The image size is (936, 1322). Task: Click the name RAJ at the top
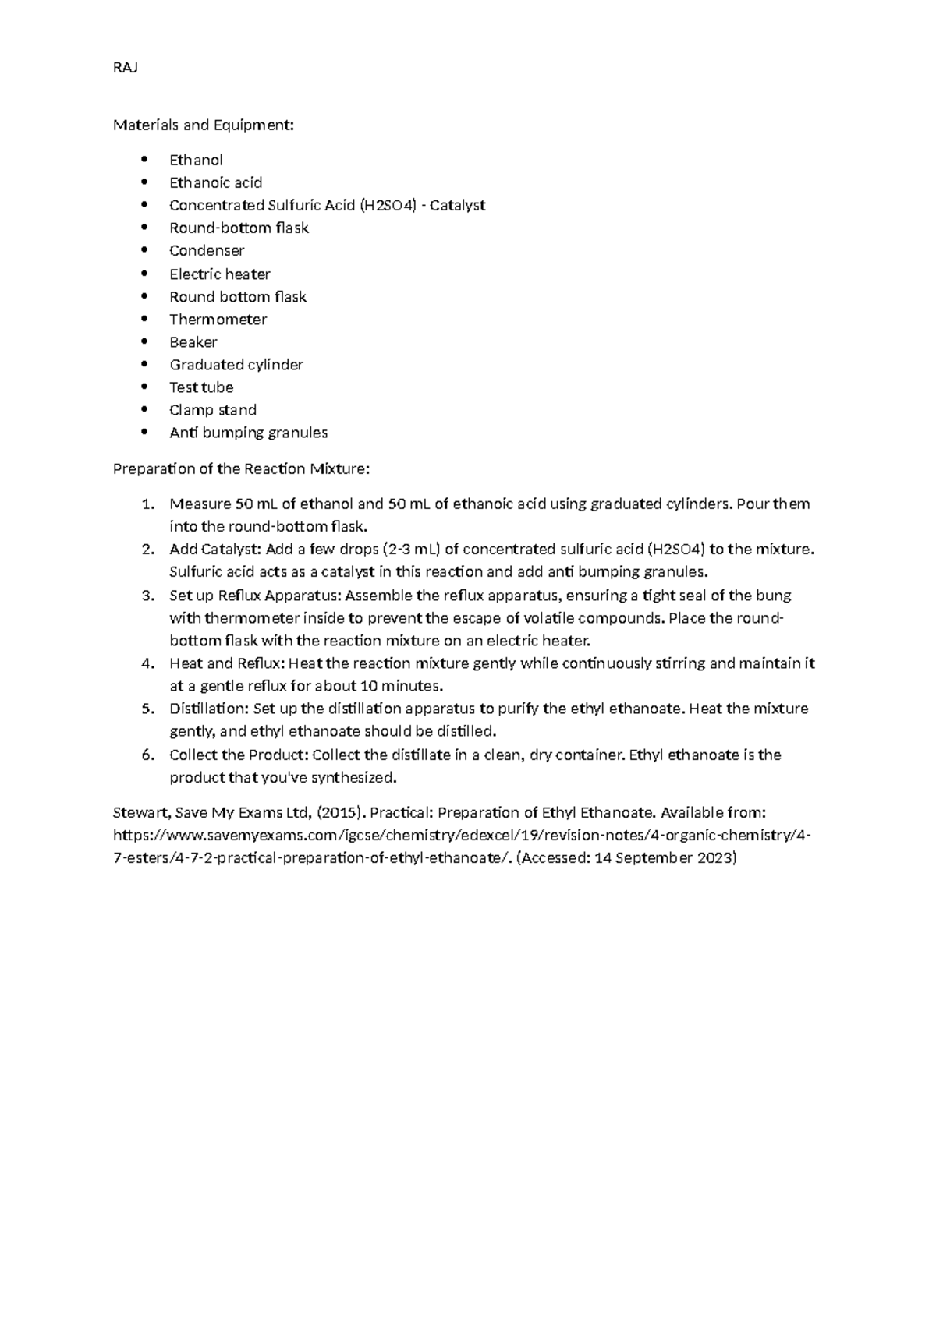(x=125, y=68)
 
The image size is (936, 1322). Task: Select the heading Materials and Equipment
(x=204, y=125)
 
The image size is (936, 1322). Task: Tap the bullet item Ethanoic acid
(x=215, y=182)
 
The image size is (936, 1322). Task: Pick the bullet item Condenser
(x=207, y=250)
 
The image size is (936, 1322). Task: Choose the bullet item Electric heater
(x=219, y=274)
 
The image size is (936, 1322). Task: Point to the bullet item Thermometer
(x=218, y=320)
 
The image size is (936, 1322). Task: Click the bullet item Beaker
(x=193, y=342)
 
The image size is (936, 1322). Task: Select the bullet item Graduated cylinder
(x=236, y=365)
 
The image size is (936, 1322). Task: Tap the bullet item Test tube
(x=200, y=387)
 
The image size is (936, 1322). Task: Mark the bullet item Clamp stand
(x=212, y=410)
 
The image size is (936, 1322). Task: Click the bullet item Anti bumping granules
(x=248, y=433)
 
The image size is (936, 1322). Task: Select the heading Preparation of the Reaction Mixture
(x=241, y=468)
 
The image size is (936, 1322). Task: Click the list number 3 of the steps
(x=147, y=596)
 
